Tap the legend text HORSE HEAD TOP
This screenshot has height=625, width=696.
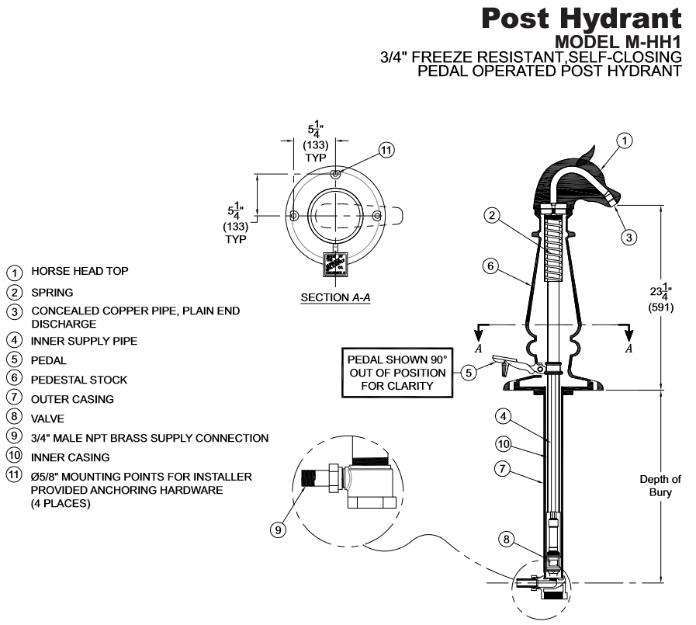[80, 272]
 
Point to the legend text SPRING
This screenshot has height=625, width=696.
[52, 293]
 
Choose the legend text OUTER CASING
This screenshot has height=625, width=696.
[72, 399]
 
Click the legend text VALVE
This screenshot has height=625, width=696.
[48, 418]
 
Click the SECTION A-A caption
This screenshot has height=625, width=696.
[335, 297]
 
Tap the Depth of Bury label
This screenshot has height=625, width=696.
[660, 485]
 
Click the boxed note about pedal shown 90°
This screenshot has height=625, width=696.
[396, 373]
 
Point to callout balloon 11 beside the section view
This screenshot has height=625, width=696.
[387, 150]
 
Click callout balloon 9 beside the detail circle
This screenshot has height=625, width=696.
[278, 530]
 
